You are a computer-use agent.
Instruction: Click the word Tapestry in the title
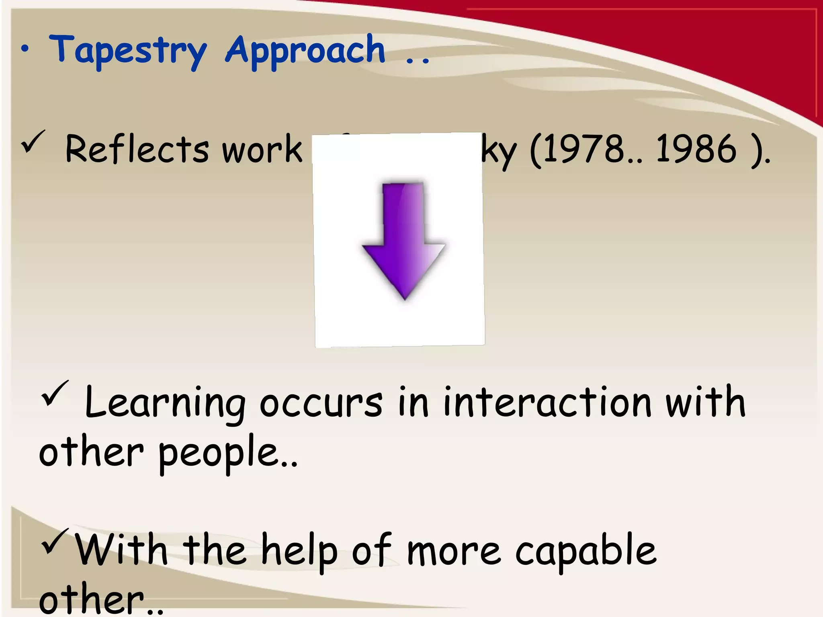(x=128, y=51)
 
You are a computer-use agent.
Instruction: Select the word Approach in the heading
(x=305, y=51)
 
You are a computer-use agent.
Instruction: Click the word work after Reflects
(x=262, y=149)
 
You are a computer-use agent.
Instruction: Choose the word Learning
(x=165, y=403)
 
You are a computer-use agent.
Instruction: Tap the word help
(x=299, y=551)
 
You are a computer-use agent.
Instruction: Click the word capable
(x=586, y=551)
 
